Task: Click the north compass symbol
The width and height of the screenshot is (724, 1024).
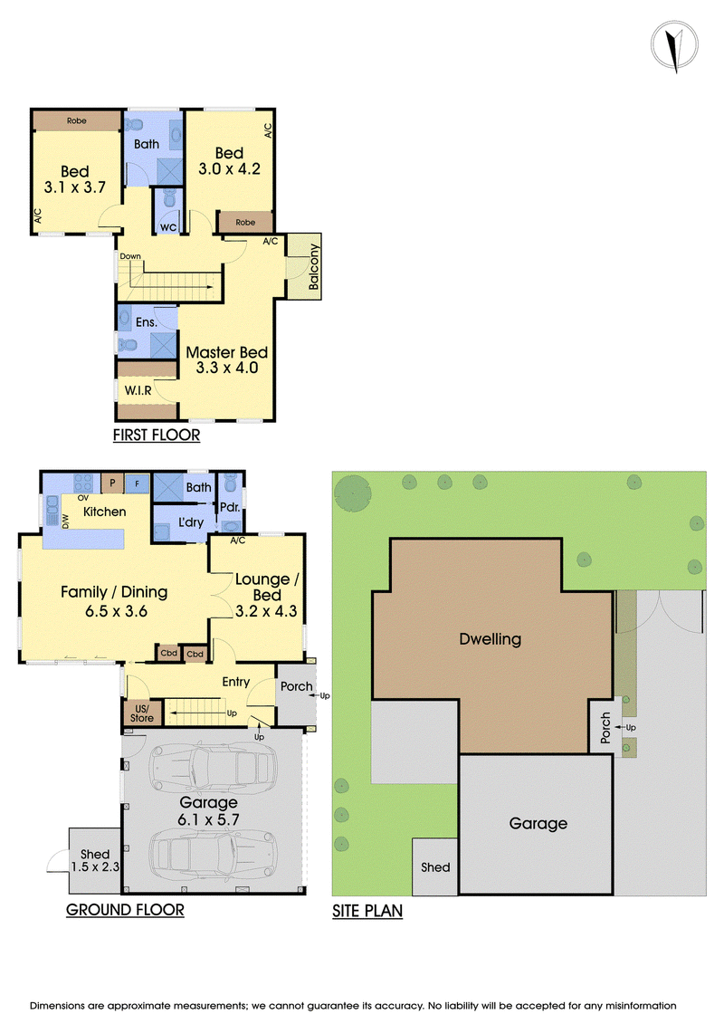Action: point(674,45)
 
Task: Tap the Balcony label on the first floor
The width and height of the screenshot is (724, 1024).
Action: point(314,267)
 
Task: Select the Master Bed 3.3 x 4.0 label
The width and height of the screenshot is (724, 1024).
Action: point(226,359)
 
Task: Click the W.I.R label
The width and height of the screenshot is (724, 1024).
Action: point(138,390)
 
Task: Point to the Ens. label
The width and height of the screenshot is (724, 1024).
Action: point(147,322)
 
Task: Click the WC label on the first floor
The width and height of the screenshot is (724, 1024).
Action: point(168,227)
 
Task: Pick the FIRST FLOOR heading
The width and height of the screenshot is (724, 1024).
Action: point(157,435)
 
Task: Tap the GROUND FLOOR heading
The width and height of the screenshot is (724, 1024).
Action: point(126,910)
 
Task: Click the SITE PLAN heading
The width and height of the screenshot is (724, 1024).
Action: point(367,911)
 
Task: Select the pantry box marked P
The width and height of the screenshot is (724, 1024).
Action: point(112,483)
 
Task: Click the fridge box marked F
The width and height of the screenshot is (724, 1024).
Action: point(137,483)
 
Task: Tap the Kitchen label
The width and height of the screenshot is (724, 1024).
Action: point(104,512)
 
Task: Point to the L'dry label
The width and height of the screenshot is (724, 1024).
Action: point(191,522)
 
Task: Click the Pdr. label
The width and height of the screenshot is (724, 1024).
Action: point(230,507)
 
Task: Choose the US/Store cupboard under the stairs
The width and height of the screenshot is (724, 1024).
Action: point(142,713)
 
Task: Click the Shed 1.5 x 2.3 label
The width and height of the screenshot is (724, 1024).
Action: point(95,861)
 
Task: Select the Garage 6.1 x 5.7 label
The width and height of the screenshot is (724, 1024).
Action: point(209,811)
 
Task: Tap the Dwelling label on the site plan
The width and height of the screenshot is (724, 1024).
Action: point(491,639)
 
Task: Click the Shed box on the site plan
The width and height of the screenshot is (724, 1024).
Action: point(434,866)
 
